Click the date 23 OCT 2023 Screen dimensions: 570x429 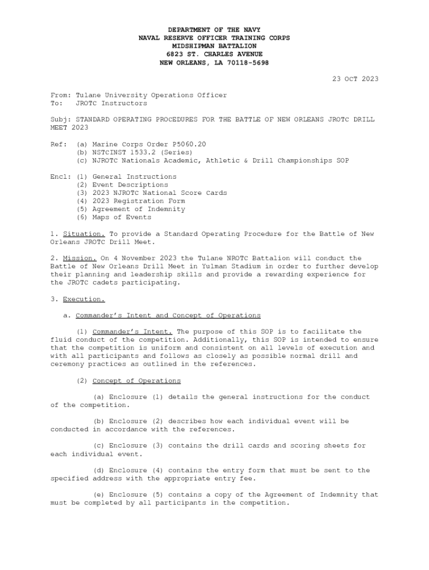click(355, 79)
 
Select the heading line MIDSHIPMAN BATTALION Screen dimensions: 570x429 click(214, 46)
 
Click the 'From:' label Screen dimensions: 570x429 click(61, 95)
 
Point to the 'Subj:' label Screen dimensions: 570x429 click(61, 120)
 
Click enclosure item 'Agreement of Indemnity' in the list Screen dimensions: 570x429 click(138, 209)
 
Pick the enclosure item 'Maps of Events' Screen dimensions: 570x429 click(121, 218)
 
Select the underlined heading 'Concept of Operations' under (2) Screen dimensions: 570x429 click(136, 381)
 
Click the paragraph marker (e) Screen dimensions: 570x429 click(99, 495)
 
